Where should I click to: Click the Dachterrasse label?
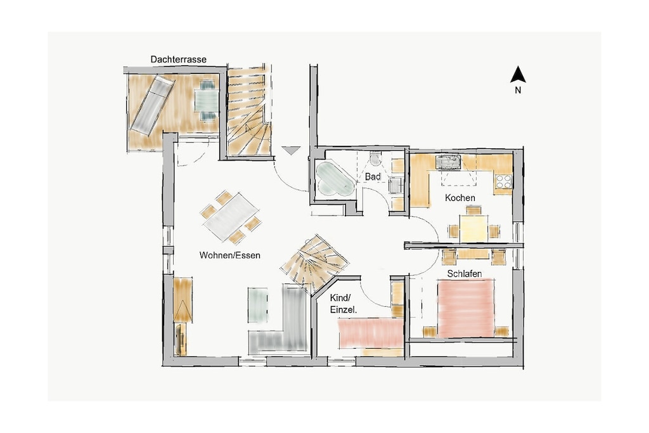[178, 59]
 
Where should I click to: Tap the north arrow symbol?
[518, 75]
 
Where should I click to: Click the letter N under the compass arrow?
[518, 90]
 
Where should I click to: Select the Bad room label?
[373, 177]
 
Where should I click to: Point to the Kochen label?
[460, 198]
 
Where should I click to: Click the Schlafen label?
[465, 274]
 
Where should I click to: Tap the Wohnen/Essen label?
[229, 255]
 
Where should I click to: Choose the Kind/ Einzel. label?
[343, 304]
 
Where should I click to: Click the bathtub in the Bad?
[335, 179]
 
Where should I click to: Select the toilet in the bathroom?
[376, 158]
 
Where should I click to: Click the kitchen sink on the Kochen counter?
[447, 162]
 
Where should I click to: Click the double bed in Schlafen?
[466, 308]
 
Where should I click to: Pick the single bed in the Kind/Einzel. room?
[371, 333]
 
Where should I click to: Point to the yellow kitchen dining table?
[473, 229]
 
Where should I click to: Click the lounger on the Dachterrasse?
[153, 105]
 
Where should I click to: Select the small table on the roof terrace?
[207, 101]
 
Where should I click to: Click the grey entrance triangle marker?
[291, 151]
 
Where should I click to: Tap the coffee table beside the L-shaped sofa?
[258, 305]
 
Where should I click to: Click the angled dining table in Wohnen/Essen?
[231, 217]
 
